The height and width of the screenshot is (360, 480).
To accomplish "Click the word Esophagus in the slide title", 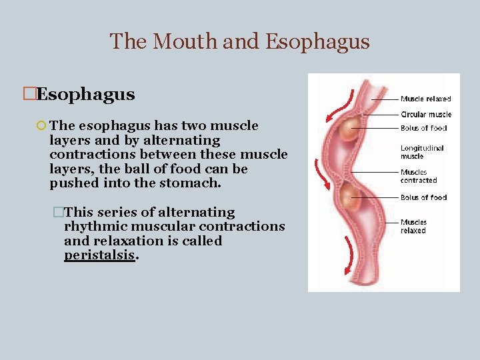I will point(317,41).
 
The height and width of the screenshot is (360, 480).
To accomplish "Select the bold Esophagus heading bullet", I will point(85,95).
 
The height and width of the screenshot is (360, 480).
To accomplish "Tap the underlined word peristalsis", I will point(99,255).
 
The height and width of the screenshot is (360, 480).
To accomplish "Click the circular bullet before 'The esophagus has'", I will point(41,126).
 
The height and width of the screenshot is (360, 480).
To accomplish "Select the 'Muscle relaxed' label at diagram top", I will point(425,99).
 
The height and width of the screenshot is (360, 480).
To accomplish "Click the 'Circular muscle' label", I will point(425,115).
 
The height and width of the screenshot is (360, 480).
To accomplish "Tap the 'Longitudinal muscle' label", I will point(421,152).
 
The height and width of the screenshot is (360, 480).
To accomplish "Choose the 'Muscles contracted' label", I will point(419,176).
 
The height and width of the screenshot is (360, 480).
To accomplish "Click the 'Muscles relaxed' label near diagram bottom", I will point(413,226).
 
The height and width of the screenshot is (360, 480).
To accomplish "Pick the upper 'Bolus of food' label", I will point(423,128).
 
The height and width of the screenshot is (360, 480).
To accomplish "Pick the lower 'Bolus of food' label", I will point(423,197).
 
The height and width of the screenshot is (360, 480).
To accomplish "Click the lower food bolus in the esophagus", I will point(349,197).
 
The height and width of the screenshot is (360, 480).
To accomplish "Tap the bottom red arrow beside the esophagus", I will point(348,257).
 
